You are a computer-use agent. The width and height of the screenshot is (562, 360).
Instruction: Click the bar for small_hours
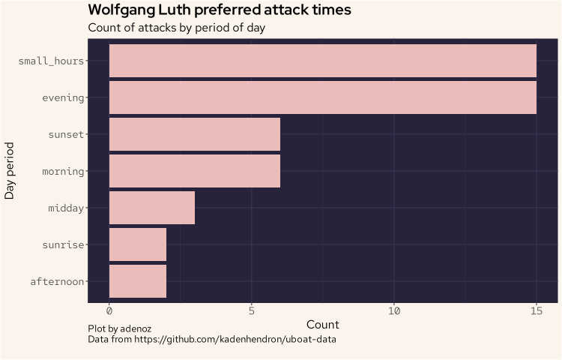click(322, 61)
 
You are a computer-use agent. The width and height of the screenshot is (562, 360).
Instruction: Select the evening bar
click(322, 97)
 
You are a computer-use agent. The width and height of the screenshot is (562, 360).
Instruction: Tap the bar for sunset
click(195, 134)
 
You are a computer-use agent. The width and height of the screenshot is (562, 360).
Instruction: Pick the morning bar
click(195, 171)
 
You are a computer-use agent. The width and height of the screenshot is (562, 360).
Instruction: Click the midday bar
click(152, 208)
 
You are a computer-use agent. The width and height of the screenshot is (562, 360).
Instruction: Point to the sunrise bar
click(138, 244)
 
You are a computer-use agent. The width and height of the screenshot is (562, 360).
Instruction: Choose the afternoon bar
click(138, 281)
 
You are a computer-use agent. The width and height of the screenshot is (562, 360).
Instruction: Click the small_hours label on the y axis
click(51, 61)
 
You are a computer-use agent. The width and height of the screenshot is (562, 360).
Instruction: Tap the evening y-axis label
click(63, 97)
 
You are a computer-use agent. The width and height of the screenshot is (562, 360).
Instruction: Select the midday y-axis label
click(66, 208)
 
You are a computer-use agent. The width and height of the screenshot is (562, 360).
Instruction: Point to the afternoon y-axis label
click(57, 282)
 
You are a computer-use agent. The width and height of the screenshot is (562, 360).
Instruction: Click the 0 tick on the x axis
click(109, 310)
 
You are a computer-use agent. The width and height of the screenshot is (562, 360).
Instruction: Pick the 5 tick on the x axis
click(252, 310)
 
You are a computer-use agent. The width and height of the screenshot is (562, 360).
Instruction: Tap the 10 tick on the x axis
click(394, 310)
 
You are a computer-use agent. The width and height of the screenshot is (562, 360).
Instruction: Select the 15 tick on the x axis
click(536, 310)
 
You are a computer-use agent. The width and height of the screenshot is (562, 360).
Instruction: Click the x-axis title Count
click(322, 325)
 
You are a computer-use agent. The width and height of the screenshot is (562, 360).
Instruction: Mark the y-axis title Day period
click(10, 171)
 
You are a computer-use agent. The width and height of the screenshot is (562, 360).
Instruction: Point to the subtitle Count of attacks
click(176, 28)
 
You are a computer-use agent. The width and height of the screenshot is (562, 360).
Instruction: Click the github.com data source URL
click(235, 340)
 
